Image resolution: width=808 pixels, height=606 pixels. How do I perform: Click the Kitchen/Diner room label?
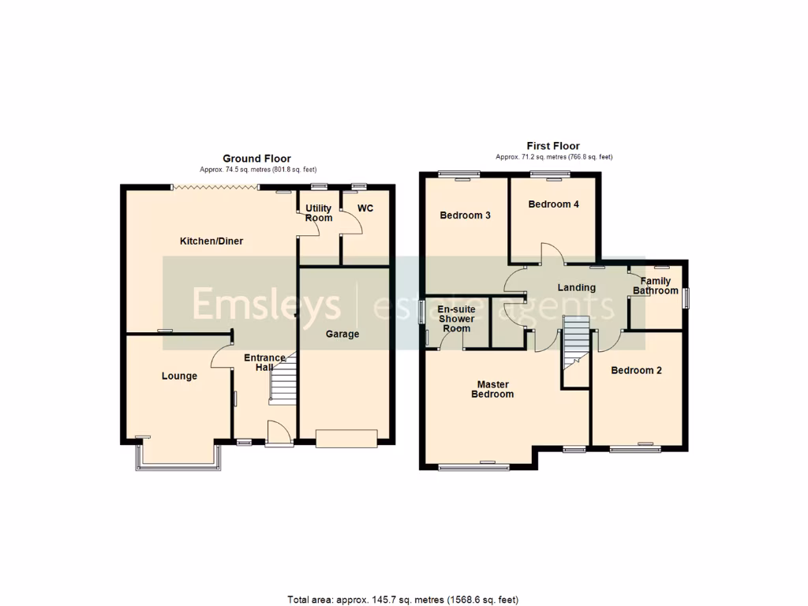(211, 241)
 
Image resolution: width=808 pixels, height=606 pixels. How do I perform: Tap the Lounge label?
(179, 376)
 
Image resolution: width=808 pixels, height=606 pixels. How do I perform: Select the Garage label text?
(342, 334)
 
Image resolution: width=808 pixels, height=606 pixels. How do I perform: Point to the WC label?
(365, 208)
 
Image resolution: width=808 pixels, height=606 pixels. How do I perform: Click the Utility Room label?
(318, 213)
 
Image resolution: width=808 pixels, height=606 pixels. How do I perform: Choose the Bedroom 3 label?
(466, 215)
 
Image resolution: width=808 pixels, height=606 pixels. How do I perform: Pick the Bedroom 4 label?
(553, 204)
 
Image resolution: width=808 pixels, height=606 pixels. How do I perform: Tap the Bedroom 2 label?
(636, 370)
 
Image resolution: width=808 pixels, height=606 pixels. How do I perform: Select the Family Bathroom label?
(656, 286)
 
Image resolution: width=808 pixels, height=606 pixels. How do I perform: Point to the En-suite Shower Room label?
(456, 319)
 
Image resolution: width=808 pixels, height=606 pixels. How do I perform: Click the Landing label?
(576, 287)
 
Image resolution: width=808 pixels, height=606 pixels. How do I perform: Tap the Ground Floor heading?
(256, 159)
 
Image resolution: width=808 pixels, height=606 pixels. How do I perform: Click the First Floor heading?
(553, 146)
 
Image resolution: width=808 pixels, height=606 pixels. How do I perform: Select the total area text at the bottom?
(403, 600)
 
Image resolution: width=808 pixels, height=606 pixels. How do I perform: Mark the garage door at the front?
(346, 439)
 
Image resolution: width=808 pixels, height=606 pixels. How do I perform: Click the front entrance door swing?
(277, 432)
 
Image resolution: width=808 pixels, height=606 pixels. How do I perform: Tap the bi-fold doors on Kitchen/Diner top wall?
(215, 187)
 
